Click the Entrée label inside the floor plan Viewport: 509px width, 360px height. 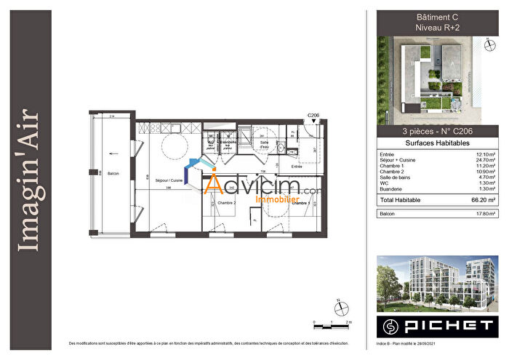point(296,167)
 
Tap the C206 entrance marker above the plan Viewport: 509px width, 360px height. point(313,115)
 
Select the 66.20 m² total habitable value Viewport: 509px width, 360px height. point(483,199)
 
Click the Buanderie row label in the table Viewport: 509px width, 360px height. point(392,188)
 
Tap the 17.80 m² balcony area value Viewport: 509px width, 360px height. point(485,214)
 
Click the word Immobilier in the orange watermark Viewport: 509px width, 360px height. point(277,197)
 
